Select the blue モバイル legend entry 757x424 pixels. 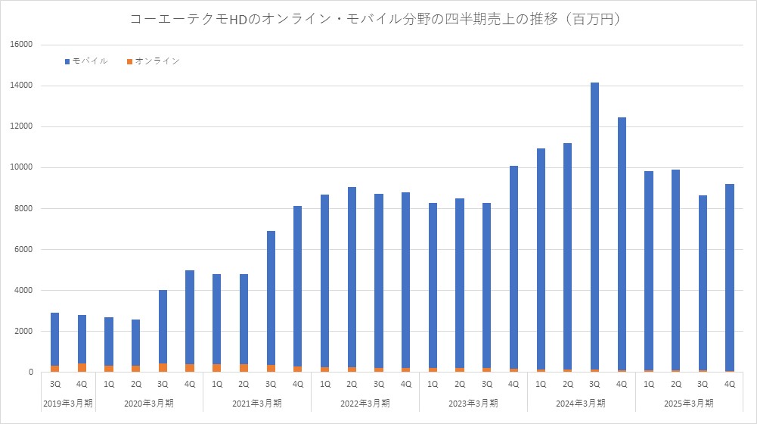pyautogui.click(x=87, y=61)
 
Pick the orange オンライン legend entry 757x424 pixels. pyautogui.click(x=153, y=61)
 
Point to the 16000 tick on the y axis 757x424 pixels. pyautogui.click(x=22, y=45)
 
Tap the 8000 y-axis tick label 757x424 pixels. pyautogui.click(x=24, y=208)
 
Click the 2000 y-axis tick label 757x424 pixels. pyautogui.click(x=24, y=331)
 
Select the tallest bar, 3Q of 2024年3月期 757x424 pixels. pyautogui.click(x=594, y=227)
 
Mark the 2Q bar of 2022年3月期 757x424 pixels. pyautogui.click(x=352, y=279)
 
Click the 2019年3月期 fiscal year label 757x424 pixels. pyautogui.click(x=69, y=403)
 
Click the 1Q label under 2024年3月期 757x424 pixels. pyautogui.click(x=541, y=384)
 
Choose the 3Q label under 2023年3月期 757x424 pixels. pyautogui.click(x=487, y=384)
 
